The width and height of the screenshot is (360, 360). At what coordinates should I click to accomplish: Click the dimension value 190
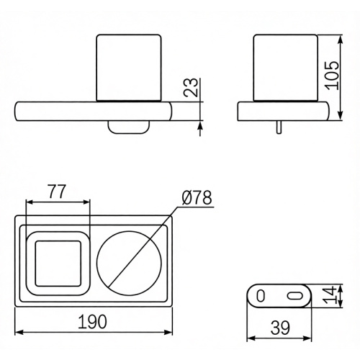92,322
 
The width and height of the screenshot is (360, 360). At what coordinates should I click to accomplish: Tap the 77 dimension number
57,192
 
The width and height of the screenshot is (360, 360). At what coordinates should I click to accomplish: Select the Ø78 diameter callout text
197,197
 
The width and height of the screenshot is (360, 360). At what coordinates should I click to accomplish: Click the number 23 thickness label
191,87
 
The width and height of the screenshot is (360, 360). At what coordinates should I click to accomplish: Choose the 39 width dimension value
280,328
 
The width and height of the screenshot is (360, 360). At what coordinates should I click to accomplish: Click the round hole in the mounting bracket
261,296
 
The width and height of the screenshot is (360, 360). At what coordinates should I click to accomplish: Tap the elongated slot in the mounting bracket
295,296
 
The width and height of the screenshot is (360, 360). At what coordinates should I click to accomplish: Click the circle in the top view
129,231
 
